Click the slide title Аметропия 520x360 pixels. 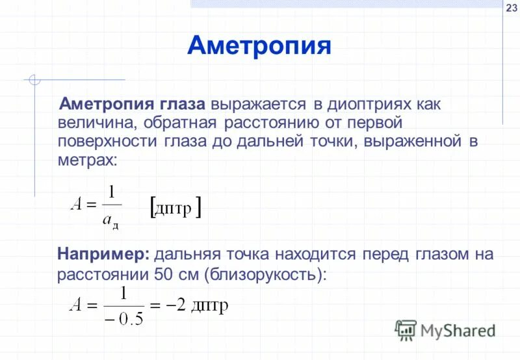pos(259,46)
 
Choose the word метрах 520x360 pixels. pos(84,160)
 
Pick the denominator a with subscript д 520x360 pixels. pos(111,221)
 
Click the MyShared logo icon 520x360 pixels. pos(406,331)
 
